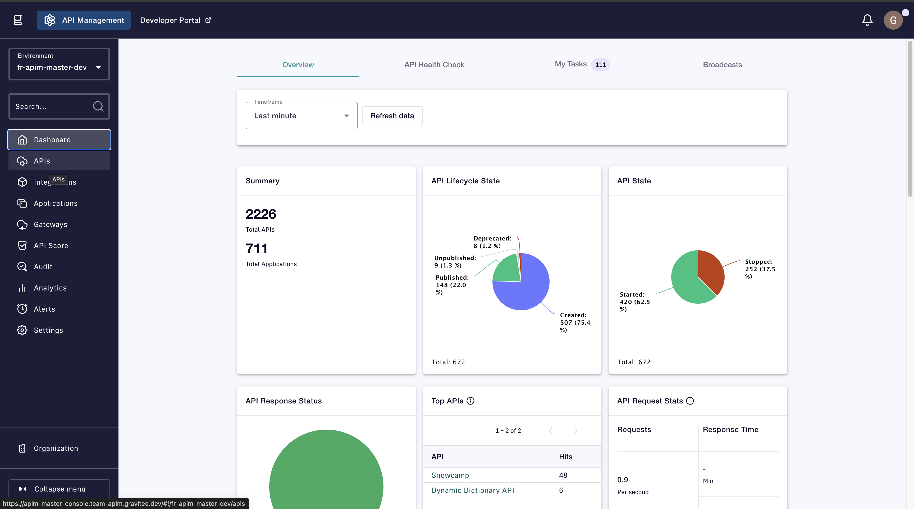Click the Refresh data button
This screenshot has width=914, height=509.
point(392,116)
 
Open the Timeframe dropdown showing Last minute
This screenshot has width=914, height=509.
point(301,116)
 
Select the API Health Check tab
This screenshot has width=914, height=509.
point(434,65)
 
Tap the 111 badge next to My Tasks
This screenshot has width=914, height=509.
point(600,65)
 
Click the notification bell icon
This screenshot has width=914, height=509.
point(867,20)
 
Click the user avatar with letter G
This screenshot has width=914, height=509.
point(893,20)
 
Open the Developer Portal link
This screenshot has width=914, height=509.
point(175,20)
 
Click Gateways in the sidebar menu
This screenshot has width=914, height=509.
point(51,224)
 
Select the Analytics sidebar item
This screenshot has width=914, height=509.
point(50,288)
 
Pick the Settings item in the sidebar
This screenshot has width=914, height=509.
point(48,330)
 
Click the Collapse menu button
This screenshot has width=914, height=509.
point(59,489)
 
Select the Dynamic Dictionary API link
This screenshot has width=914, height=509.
point(473,490)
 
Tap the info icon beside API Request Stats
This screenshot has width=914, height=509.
point(690,401)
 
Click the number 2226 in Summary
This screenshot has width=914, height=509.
point(261,214)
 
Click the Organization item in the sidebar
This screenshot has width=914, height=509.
point(56,448)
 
